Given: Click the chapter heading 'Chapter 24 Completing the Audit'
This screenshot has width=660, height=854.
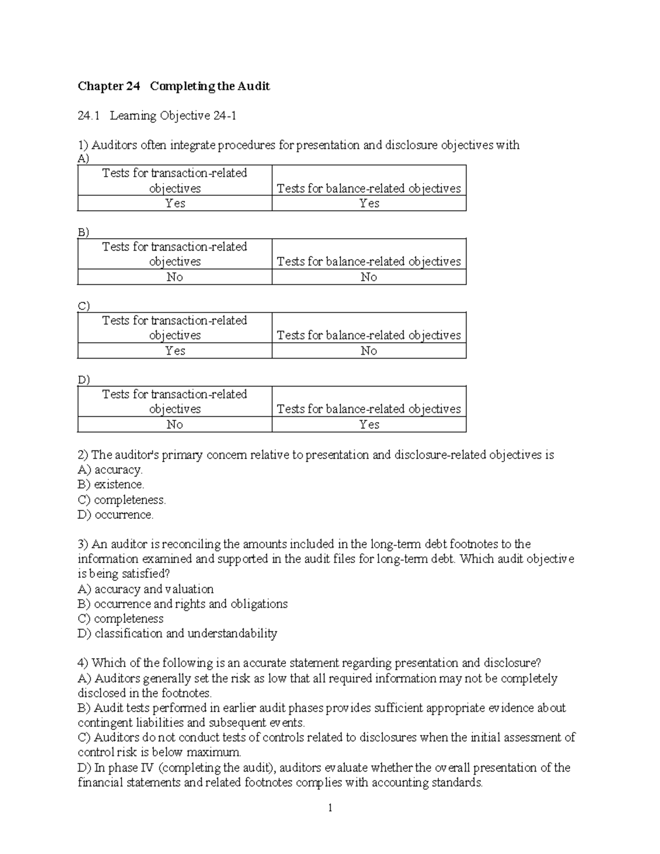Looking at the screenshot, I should tap(174, 86).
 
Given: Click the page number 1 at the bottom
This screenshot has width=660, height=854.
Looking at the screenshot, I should tap(330, 808).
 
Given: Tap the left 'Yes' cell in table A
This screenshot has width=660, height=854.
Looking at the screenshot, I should tap(175, 203).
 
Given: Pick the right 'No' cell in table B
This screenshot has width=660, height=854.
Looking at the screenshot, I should tap(369, 277).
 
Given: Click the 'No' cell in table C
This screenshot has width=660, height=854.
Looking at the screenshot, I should tap(369, 351).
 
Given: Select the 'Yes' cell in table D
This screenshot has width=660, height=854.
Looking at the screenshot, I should tap(369, 425).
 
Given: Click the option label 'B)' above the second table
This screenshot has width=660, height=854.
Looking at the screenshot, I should tap(83, 232).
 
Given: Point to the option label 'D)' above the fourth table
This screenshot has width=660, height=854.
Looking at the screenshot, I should tap(84, 379).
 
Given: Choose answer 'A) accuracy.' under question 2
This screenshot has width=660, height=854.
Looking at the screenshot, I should tap(110, 470).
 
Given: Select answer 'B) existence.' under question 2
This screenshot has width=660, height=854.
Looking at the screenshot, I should tap(111, 485).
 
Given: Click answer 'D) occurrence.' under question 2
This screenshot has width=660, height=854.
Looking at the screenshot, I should tap(116, 515).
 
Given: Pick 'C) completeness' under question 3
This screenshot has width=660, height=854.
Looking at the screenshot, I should tap(120, 619).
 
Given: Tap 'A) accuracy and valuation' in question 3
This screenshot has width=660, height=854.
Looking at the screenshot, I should tap(146, 589).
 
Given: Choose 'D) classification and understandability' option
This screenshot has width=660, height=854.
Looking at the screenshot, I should tap(177, 633).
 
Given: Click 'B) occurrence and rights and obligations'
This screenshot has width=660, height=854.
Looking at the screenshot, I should tap(183, 604).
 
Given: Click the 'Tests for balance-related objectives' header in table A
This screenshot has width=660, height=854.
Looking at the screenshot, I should tap(369, 189).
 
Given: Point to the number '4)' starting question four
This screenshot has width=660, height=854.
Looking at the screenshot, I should tap(83, 663).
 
